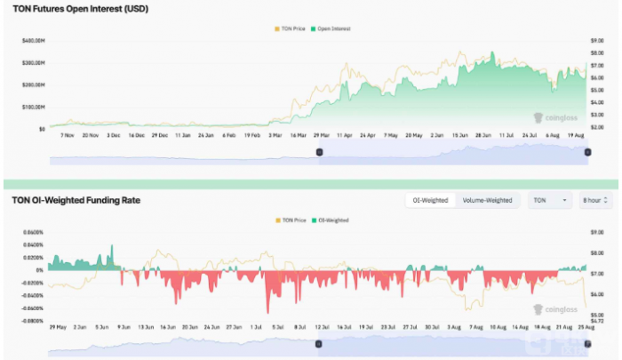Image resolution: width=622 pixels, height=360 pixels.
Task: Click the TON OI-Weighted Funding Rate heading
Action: [76, 201]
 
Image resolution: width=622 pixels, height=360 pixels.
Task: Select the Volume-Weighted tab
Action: [488, 201]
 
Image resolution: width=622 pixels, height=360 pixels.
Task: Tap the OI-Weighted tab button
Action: [431, 201]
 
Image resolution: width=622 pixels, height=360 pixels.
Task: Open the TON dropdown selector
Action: [550, 201]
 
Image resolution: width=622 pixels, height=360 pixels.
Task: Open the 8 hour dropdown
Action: [594, 201]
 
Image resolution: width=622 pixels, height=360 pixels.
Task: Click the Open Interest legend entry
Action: [332, 28]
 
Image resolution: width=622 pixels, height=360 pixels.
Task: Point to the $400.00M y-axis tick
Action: [34, 42]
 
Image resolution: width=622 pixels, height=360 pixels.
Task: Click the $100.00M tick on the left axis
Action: [34, 107]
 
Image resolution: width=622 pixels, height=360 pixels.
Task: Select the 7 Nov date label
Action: [68, 136]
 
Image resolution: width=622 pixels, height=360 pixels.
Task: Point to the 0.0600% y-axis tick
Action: [32, 233]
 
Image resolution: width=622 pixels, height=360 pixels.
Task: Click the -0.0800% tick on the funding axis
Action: [32, 320]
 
